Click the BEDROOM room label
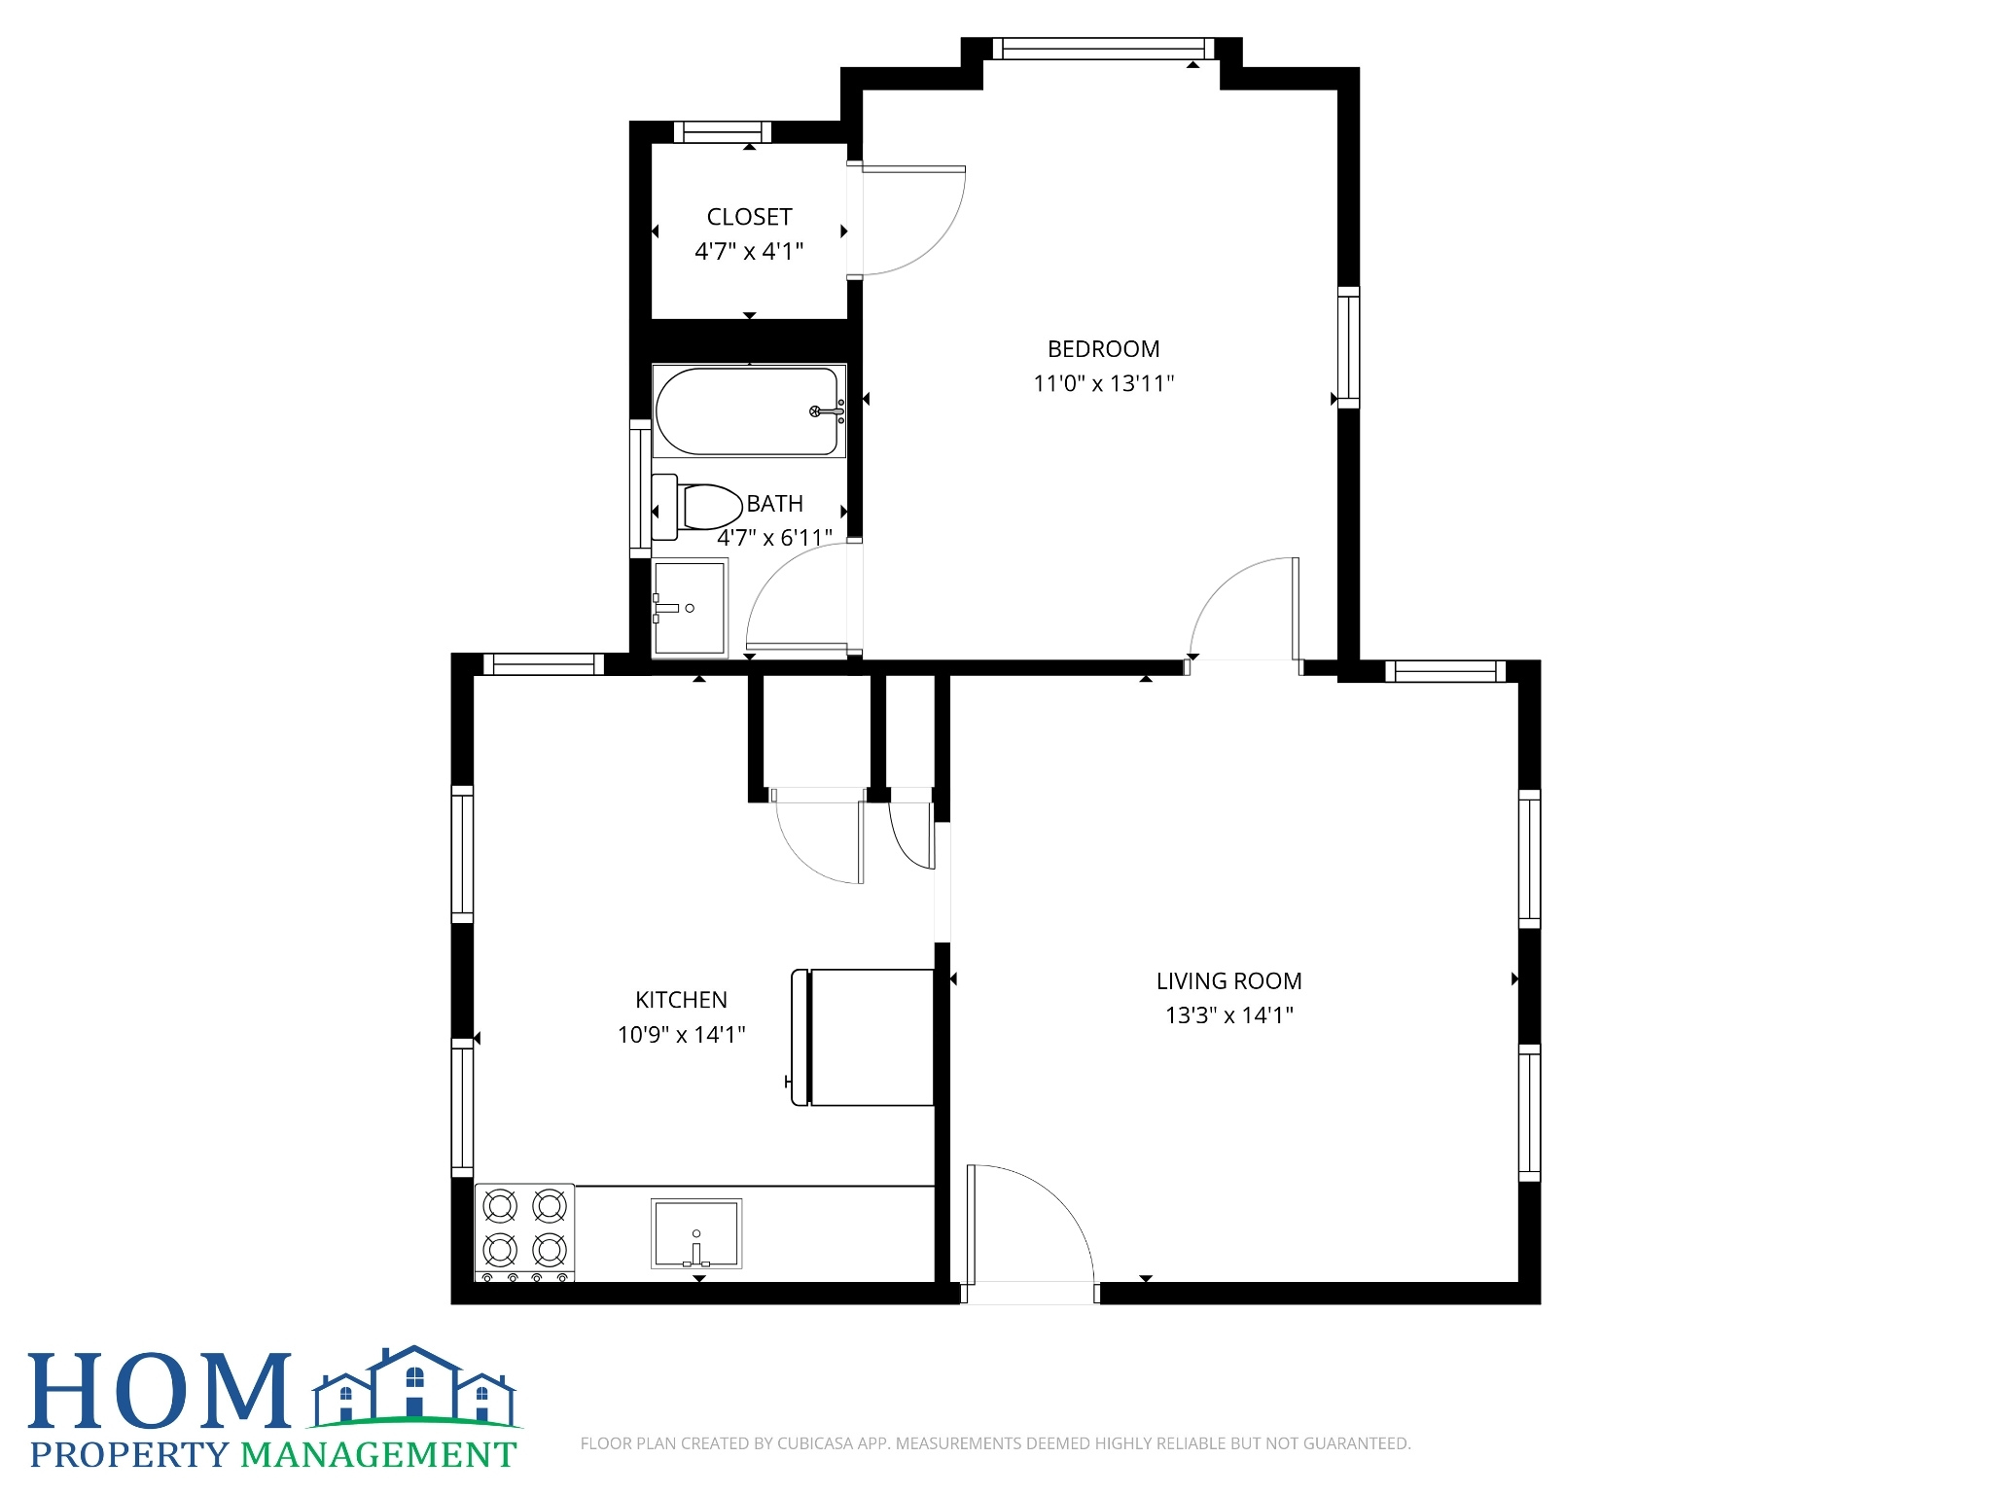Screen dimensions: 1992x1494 coord(1103,349)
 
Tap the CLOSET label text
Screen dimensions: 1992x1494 coord(749,217)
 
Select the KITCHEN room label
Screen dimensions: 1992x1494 coord(681,1000)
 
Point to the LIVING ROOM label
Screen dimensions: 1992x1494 coord(1228,981)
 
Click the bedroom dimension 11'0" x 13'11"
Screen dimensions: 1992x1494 coord(1103,383)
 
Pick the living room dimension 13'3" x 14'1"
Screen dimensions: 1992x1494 coord(1229,1015)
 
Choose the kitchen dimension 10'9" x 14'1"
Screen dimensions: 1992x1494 coord(681,1034)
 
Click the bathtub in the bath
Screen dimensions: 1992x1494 coord(749,411)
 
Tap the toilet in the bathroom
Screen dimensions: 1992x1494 coord(695,507)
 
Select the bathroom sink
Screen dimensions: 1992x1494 coord(690,608)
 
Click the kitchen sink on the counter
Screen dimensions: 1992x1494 coord(696,1233)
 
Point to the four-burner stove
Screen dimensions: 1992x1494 coord(524,1232)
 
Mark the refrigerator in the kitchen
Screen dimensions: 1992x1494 coord(863,1037)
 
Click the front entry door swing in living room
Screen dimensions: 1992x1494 coord(1031,1226)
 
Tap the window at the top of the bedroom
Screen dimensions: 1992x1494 coord(1103,49)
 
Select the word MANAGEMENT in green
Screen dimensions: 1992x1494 coord(378,1455)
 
